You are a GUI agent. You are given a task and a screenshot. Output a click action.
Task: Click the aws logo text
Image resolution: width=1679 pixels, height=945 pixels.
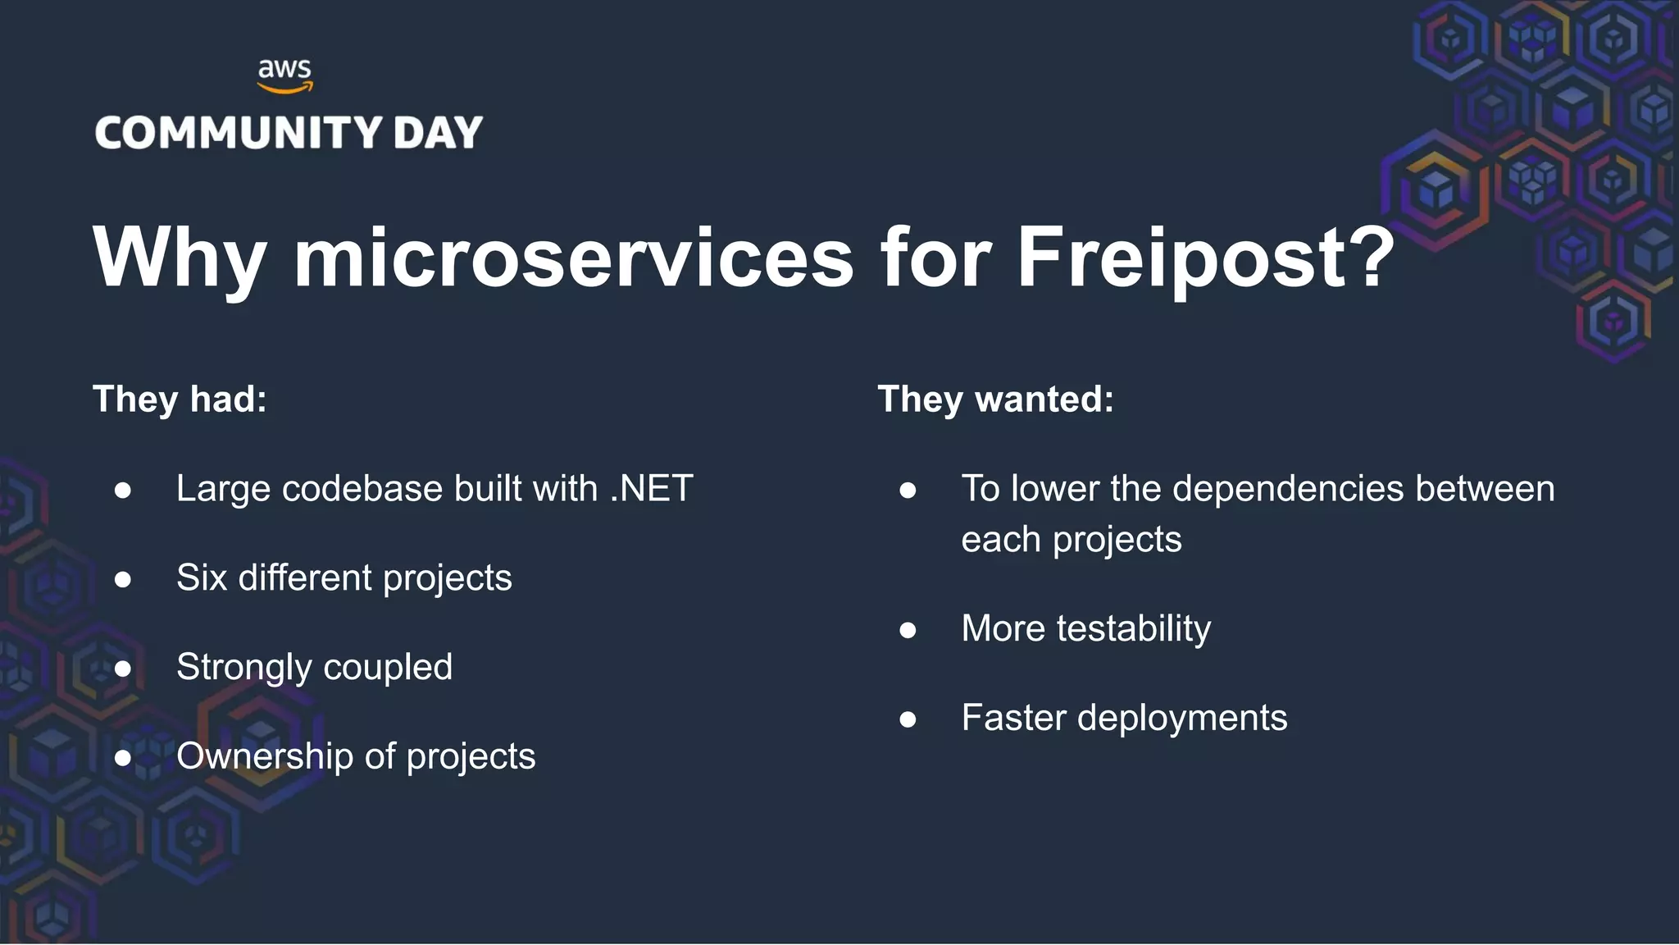pyautogui.click(x=284, y=70)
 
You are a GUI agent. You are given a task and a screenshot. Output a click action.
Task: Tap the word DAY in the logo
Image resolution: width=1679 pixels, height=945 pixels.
pyautogui.click(x=438, y=133)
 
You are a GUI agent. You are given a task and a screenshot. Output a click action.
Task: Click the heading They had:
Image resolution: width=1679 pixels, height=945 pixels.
pyautogui.click(x=180, y=399)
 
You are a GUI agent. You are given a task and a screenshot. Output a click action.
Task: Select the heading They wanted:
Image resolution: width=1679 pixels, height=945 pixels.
pyautogui.click(x=996, y=399)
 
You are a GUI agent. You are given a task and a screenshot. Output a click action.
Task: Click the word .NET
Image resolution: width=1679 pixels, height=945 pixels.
pyautogui.click(x=652, y=489)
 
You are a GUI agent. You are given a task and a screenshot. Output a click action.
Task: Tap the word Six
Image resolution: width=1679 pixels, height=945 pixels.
pyautogui.click(x=202, y=577)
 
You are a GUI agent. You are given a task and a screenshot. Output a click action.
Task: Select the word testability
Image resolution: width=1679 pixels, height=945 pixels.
pyautogui.click(x=1133, y=629)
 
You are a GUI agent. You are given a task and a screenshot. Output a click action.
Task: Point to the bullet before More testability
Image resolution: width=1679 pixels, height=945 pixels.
pyautogui.click(x=908, y=630)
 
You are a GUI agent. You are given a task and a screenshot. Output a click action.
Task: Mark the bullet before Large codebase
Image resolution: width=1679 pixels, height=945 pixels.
pyautogui.click(x=123, y=491)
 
